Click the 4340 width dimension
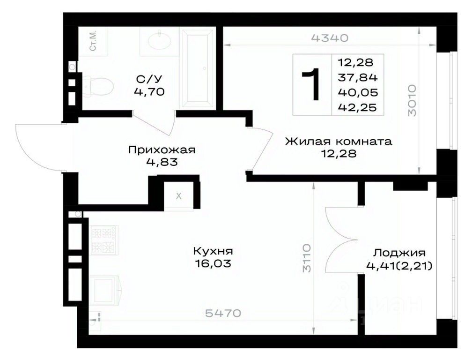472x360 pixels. point(330,38)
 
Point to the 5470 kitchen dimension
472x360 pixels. point(223,313)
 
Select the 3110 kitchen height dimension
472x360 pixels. point(306,258)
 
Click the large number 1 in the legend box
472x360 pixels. point(312,84)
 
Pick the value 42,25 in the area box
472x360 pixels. point(358,107)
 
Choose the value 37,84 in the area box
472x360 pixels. point(358,77)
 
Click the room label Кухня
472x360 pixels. point(213,251)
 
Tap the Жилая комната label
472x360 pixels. point(339,141)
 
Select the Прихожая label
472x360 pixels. point(162,150)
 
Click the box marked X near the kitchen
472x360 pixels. point(179,196)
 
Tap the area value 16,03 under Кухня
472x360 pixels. point(213,263)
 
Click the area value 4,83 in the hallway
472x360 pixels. point(162,162)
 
